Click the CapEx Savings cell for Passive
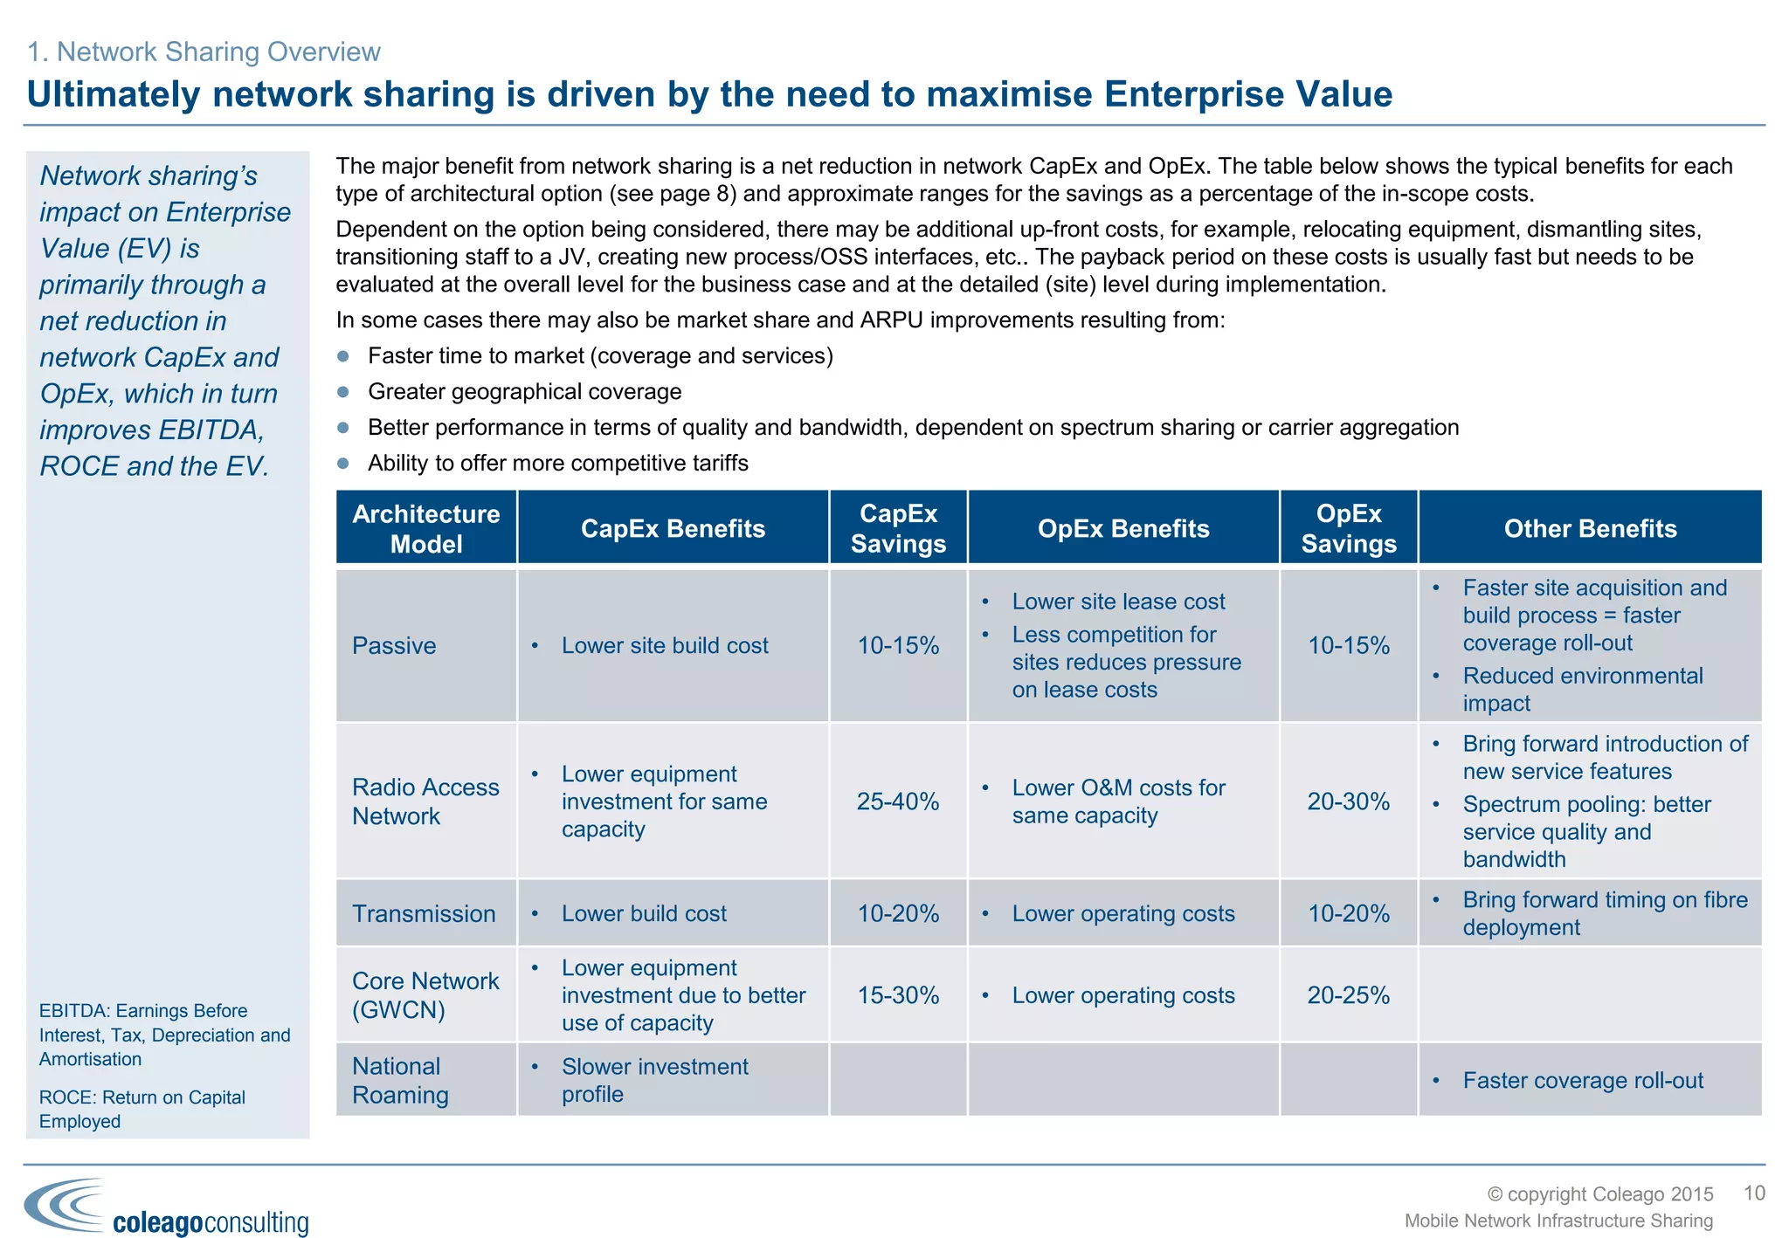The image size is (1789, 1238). click(x=898, y=646)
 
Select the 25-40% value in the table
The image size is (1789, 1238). click(x=898, y=801)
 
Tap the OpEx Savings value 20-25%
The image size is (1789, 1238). click(x=1348, y=995)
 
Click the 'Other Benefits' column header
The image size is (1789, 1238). click(x=1590, y=528)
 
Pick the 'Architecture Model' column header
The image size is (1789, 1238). click(x=426, y=528)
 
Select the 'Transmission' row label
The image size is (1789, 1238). click(x=424, y=914)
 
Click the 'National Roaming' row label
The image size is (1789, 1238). click(x=401, y=1081)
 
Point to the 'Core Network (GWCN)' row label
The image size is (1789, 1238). click(x=425, y=995)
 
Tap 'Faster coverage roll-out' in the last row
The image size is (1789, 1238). click(x=1583, y=1081)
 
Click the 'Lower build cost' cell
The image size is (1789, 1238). click(x=644, y=914)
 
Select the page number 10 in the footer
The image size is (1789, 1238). click(x=1754, y=1193)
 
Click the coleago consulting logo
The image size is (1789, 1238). click(x=166, y=1208)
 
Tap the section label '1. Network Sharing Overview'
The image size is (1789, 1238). click(x=204, y=52)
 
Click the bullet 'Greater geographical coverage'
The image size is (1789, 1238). click(x=524, y=392)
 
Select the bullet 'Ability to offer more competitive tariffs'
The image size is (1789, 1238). click(x=557, y=464)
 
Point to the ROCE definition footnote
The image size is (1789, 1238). click(x=142, y=1109)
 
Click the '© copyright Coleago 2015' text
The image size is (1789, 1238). click(x=1600, y=1194)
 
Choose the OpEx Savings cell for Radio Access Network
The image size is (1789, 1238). click(x=1348, y=801)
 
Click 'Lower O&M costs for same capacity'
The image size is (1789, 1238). click(x=1118, y=801)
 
